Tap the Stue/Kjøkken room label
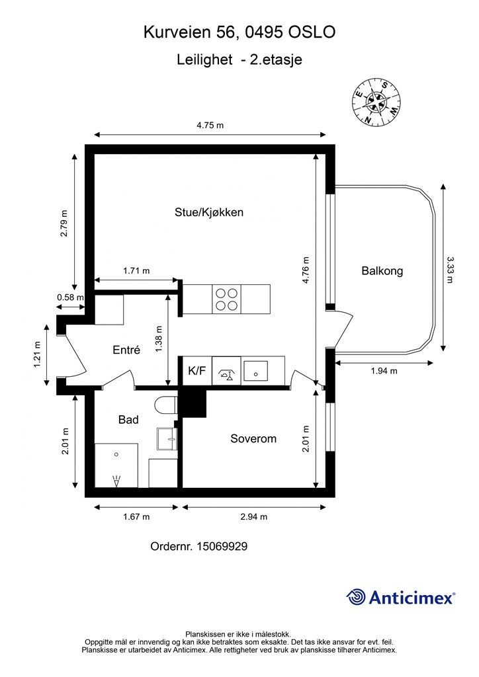pos(209,212)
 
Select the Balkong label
pos(382,270)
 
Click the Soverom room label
pos(253,438)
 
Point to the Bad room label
pos(128,419)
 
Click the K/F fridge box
pos(196,371)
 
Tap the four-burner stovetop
pos(226,299)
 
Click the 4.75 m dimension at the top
pos(210,125)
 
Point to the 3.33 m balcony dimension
pos(451,269)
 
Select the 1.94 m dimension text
pos(383,371)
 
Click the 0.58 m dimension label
pos(69,298)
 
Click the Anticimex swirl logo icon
pos(356,597)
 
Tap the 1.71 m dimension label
pos(136,270)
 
